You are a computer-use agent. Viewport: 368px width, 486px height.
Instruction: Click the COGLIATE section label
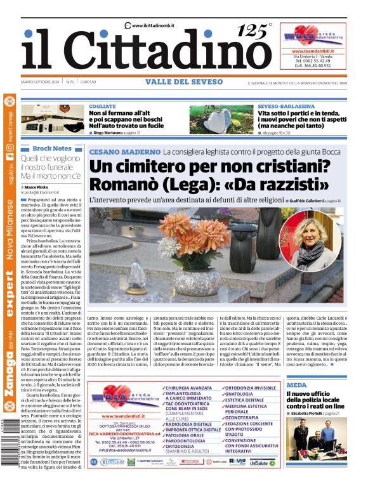pyautogui.click(x=103, y=107)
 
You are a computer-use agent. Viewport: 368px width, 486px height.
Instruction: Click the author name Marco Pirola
pyautogui.click(x=39, y=188)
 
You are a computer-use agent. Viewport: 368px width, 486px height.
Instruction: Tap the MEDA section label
pyautogui.click(x=296, y=384)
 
